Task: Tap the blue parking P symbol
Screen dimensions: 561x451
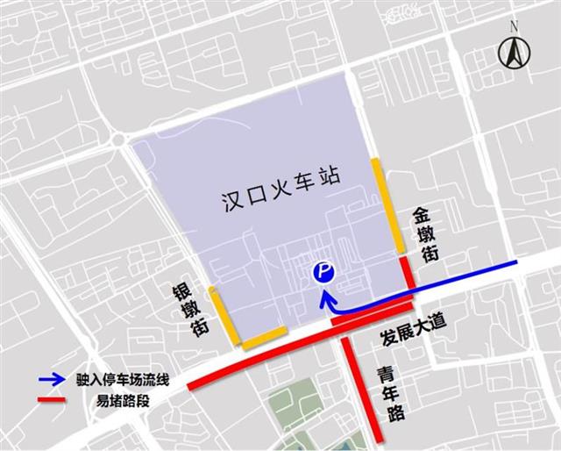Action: (323, 274)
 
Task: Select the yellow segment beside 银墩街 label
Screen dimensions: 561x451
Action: (222, 313)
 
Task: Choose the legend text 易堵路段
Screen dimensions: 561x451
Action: (119, 402)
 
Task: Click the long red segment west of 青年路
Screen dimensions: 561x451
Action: (255, 358)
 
